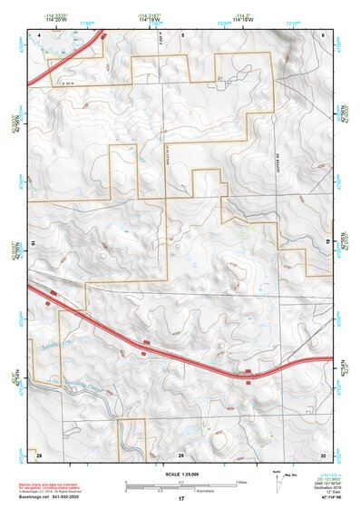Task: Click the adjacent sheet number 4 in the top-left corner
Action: click(40, 34)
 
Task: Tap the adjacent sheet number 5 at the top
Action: click(181, 34)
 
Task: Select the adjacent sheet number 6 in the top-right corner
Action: click(323, 34)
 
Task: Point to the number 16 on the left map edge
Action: click(33, 244)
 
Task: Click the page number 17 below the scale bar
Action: click(181, 499)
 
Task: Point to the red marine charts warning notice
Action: click(51, 485)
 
